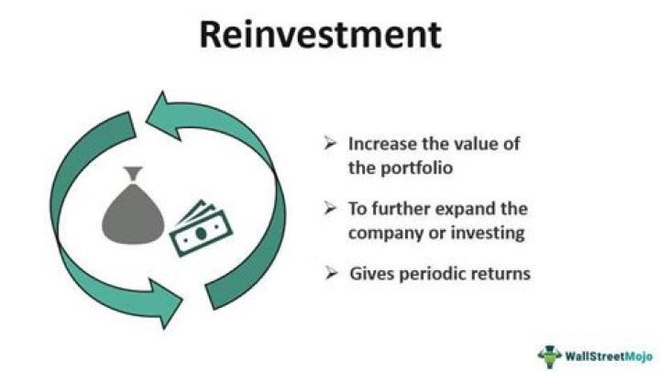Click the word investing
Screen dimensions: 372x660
pyautogui.click(x=485, y=233)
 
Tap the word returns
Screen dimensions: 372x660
pyautogui.click(x=500, y=273)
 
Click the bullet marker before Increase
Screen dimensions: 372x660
pyautogui.click(x=331, y=144)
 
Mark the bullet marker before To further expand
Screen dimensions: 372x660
pyautogui.click(x=331, y=209)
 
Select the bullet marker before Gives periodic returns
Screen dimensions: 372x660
pyautogui.click(x=331, y=273)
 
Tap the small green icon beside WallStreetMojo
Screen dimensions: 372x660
pyautogui.click(x=549, y=354)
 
